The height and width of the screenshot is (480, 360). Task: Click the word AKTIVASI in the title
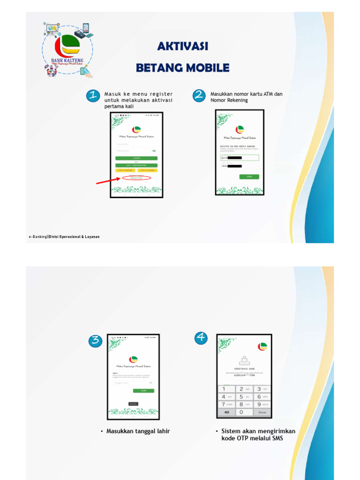183,46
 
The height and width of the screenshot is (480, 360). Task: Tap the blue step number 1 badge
93,96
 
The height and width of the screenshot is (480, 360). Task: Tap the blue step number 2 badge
199,96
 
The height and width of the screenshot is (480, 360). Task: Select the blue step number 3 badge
96,341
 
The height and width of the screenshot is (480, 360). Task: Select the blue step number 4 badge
201,337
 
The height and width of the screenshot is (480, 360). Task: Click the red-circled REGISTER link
136,178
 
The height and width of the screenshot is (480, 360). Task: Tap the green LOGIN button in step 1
136,158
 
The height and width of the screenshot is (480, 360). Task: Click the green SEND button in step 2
249,177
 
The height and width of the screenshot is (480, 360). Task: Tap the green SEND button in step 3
143,390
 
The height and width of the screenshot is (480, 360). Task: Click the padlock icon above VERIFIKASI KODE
244,360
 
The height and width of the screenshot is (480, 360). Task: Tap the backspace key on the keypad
226,412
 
